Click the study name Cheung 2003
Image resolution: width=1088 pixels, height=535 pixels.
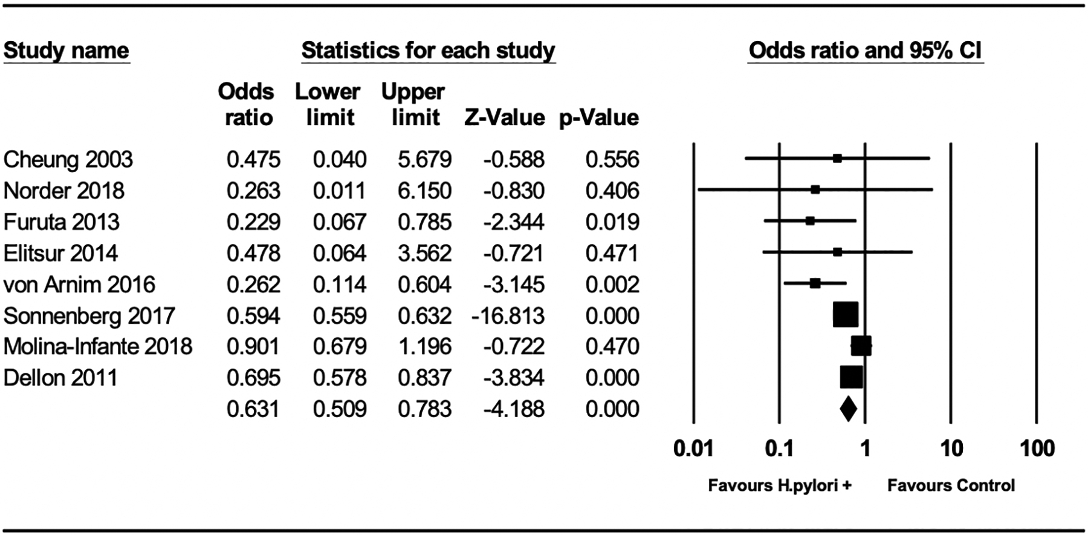point(68,160)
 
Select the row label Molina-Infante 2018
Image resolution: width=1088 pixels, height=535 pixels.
point(98,347)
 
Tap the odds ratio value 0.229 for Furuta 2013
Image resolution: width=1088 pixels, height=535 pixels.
point(253,222)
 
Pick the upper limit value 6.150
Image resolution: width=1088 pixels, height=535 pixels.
point(424,191)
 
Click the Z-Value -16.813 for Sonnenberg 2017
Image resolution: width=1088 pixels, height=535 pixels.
point(508,316)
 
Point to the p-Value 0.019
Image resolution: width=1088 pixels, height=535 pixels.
point(612,222)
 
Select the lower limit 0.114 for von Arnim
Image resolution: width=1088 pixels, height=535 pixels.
point(339,284)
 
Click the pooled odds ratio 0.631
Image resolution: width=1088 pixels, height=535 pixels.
point(253,409)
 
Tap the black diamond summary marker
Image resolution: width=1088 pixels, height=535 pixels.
point(848,409)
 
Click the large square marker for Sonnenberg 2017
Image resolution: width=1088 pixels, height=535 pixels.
point(845,315)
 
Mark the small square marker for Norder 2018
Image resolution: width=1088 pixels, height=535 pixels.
point(815,189)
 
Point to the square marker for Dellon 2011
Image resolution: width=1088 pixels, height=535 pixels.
point(851,377)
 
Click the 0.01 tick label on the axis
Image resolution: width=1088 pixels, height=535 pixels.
point(693,449)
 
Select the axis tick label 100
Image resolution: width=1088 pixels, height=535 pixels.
point(1037,449)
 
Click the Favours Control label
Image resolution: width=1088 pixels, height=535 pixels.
point(951,485)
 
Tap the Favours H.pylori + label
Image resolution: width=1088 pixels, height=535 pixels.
point(780,485)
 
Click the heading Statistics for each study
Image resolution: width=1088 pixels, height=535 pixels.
point(428,50)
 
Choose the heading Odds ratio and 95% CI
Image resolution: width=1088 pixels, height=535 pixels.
point(865,50)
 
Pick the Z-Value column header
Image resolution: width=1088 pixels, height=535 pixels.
point(504,117)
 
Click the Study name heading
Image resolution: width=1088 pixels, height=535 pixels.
point(66,50)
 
